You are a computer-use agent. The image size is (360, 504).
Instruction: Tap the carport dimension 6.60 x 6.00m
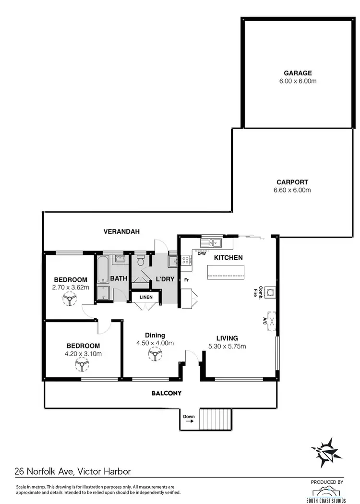pos(292,190)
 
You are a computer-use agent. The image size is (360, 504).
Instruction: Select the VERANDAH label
pos(121,231)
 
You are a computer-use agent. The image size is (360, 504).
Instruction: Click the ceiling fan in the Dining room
pos(154,355)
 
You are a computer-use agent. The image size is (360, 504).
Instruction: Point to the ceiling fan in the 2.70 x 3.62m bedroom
pos(71,300)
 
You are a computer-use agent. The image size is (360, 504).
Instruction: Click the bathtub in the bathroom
pos(103,271)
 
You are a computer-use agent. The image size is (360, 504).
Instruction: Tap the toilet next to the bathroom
pos(141,262)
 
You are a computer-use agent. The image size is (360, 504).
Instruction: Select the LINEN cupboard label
pos(146,297)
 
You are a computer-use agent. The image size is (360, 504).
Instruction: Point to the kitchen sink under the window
pos(213,242)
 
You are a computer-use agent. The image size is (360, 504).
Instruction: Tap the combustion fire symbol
pos(272,291)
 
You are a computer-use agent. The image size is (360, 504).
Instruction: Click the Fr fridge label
pos(185,279)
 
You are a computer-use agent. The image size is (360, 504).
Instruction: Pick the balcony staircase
pos(215,418)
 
